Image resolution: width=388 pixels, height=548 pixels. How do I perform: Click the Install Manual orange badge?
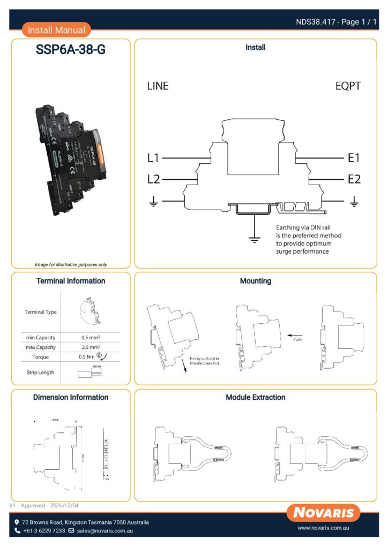56,30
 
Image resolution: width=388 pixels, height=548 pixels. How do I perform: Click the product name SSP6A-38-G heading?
71,50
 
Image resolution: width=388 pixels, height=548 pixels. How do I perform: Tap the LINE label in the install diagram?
158,86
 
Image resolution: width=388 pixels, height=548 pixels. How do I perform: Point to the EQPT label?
348,86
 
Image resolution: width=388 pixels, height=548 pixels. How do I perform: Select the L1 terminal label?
153,158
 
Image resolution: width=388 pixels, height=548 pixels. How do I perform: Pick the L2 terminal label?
153,179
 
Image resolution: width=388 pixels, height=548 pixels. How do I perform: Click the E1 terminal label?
354,158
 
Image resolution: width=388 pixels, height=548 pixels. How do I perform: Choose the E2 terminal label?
354,179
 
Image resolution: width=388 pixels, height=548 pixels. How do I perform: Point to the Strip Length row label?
40,372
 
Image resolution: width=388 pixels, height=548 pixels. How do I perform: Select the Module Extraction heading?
256,397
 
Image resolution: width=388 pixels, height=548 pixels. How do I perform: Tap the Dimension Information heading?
71,397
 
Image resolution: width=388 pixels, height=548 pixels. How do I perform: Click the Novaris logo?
323,513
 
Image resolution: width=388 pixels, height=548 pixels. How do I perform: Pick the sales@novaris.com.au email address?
105,531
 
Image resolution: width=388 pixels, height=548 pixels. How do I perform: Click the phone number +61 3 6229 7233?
44,531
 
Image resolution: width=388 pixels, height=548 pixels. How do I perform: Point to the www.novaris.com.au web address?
324,528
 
